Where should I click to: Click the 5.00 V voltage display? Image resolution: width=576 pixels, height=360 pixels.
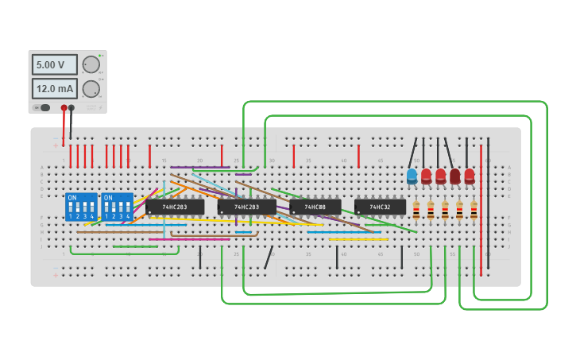coord(54,64)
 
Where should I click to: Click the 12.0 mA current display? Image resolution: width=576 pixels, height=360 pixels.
coord(54,88)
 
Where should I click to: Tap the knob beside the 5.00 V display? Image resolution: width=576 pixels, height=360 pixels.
coord(91,64)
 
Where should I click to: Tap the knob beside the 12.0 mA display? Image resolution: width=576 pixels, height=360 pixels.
coord(91,88)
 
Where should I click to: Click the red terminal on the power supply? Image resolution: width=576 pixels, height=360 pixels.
coord(64,107)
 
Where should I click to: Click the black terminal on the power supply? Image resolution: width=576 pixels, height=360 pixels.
coord(72,107)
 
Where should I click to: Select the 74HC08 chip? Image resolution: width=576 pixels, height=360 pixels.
coord(315,207)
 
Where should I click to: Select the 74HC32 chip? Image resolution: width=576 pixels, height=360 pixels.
coord(380,207)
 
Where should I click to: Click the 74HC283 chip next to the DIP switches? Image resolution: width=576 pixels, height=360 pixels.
coord(175,207)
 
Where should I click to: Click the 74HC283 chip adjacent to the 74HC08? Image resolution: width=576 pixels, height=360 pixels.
coord(246,207)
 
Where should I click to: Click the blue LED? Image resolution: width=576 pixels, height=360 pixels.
coord(412,176)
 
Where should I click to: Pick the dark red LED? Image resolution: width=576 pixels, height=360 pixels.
coord(454,176)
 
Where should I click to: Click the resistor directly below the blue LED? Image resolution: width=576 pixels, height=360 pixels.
coord(416,210)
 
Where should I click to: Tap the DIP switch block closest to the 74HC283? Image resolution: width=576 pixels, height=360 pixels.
coord(118,207)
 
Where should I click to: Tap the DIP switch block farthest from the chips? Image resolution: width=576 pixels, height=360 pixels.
coord(81,207)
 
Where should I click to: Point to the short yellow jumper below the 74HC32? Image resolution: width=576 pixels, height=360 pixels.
coord(358,238)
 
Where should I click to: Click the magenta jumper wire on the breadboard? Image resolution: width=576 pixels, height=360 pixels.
coord(189,239)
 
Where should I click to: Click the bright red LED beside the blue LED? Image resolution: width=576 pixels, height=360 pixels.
coord(426,176)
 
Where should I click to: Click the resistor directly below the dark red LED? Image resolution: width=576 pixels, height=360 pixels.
coord(459,210)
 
